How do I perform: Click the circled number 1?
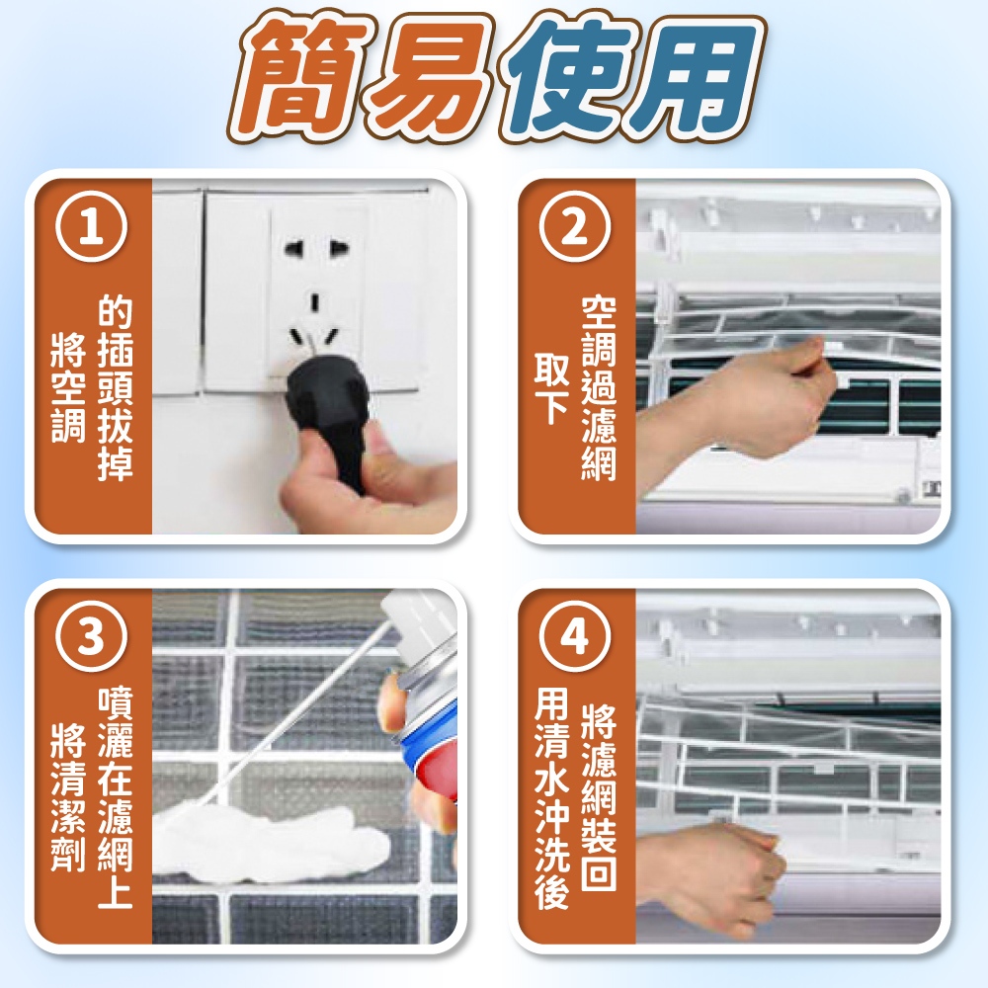pos(91,227)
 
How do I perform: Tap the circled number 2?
pos(575,227)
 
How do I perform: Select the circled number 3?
pos(91,636)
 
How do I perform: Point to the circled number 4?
pos(575,636)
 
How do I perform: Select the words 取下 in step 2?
pos(552,388)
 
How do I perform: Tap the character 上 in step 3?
pos(116,890)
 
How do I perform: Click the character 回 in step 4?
pos(599,872)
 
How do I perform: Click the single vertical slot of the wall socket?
pos(314,302)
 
